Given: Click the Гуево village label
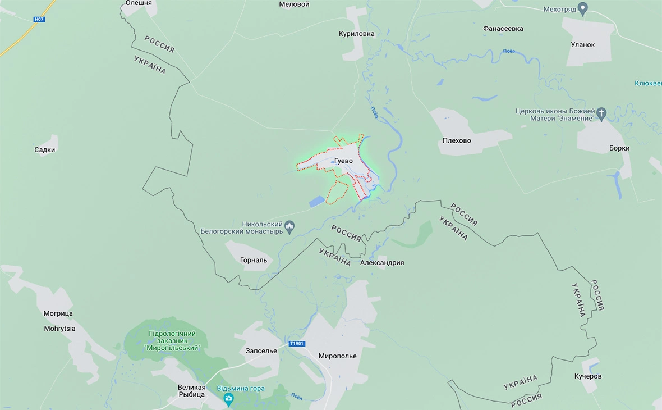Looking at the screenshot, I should [x=343, y=161].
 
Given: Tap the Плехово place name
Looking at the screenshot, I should [x=457, y=140].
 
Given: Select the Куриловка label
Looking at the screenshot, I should [x=356, y=34].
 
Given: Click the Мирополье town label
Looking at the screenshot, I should [x=337, y=356].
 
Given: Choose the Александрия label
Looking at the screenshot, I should [x=382, y=263].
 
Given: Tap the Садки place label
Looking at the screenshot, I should [x=45, y=150].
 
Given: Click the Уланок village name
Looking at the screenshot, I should [x=582, y=45].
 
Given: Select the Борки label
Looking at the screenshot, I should [x=619, y=148].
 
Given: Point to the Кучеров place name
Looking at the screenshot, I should [x=588, y=376].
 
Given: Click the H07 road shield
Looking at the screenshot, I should [x=39, y=19].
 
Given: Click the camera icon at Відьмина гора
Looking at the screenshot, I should [x=228, y=399].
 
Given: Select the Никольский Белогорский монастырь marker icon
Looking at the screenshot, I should [x=290, y=227].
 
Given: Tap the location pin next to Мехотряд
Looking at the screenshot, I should [x=583, y=9].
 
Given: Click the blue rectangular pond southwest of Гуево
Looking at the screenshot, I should [x=316, y=200].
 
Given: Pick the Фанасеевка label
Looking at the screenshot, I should [x=503, y=28].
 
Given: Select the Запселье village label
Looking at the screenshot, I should [x=261, y=351].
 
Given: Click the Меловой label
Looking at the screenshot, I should [x=294, y=4].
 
